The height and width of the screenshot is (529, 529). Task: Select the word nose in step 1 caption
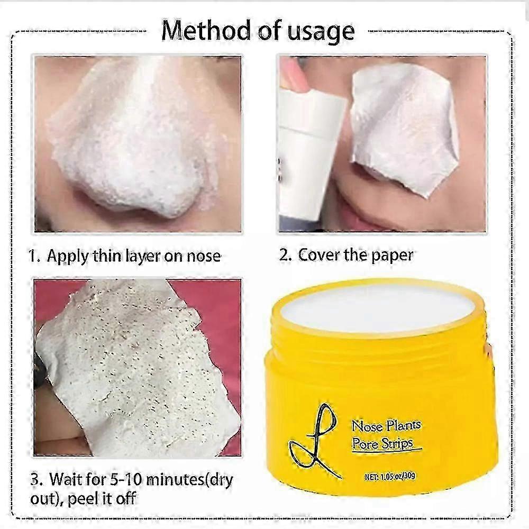click(203, 257)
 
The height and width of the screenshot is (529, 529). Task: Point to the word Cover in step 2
click(322, 255)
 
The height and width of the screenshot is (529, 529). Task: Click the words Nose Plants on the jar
click(386, 426)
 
